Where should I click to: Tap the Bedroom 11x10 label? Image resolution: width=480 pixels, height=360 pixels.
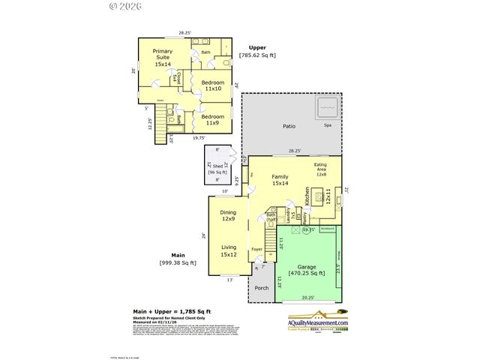[212, 85]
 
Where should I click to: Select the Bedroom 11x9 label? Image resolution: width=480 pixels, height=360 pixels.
[212, 120]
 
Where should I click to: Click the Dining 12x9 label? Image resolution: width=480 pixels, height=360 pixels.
[227, 216]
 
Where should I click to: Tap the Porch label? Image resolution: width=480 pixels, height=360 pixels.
[261, 288]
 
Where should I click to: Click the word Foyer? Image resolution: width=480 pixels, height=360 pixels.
[257, 248]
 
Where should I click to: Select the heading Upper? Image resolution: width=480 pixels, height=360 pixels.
[257, 47]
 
